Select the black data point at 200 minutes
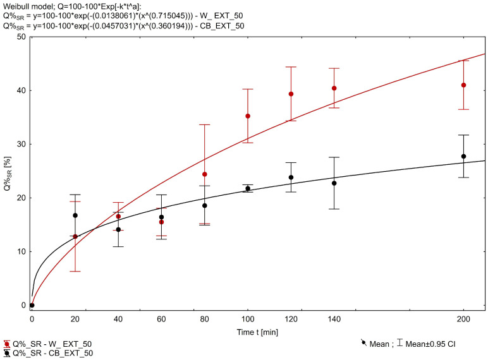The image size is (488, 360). click(464, 156)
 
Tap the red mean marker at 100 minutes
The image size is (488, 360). click(248, 116)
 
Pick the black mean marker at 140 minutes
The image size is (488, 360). click(334, 183)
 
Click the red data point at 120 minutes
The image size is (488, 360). click(291, 94)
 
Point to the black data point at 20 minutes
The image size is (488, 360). click(75, 215)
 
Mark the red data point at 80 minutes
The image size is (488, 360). click(205, 174)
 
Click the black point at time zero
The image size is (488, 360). click(32, 305)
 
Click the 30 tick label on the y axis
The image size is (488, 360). click(22, 144)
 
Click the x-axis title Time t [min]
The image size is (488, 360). click(257, 330)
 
